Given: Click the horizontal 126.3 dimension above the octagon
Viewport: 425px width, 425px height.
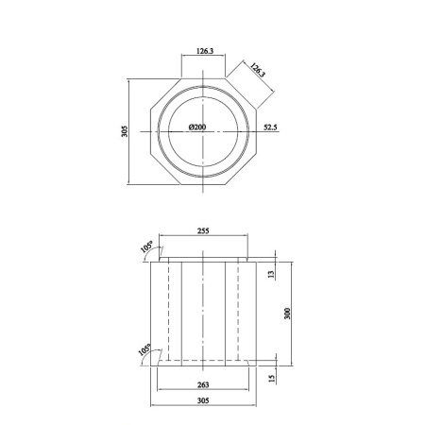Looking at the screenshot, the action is (x=205, y=51).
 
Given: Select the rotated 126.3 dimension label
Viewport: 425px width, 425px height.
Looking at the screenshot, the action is (x=258, y=70).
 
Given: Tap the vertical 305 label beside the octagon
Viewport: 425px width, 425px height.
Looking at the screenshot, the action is (x=125, y=131).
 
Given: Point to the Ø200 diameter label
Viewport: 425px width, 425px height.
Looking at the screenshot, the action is (x=197, y=127).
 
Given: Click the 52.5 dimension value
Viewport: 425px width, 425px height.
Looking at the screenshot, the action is (x=270, y=127).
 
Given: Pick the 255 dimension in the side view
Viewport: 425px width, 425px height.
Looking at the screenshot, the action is (x=203, y=230).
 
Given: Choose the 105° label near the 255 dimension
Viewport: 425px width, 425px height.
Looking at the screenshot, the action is (x=146, y=246).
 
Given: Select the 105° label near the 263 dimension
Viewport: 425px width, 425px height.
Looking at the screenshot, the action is (x=144, y=349).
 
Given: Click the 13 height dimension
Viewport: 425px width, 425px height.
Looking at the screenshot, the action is (x=271, y=274).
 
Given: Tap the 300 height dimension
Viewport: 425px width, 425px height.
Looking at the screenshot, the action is (x=287, y=314).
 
